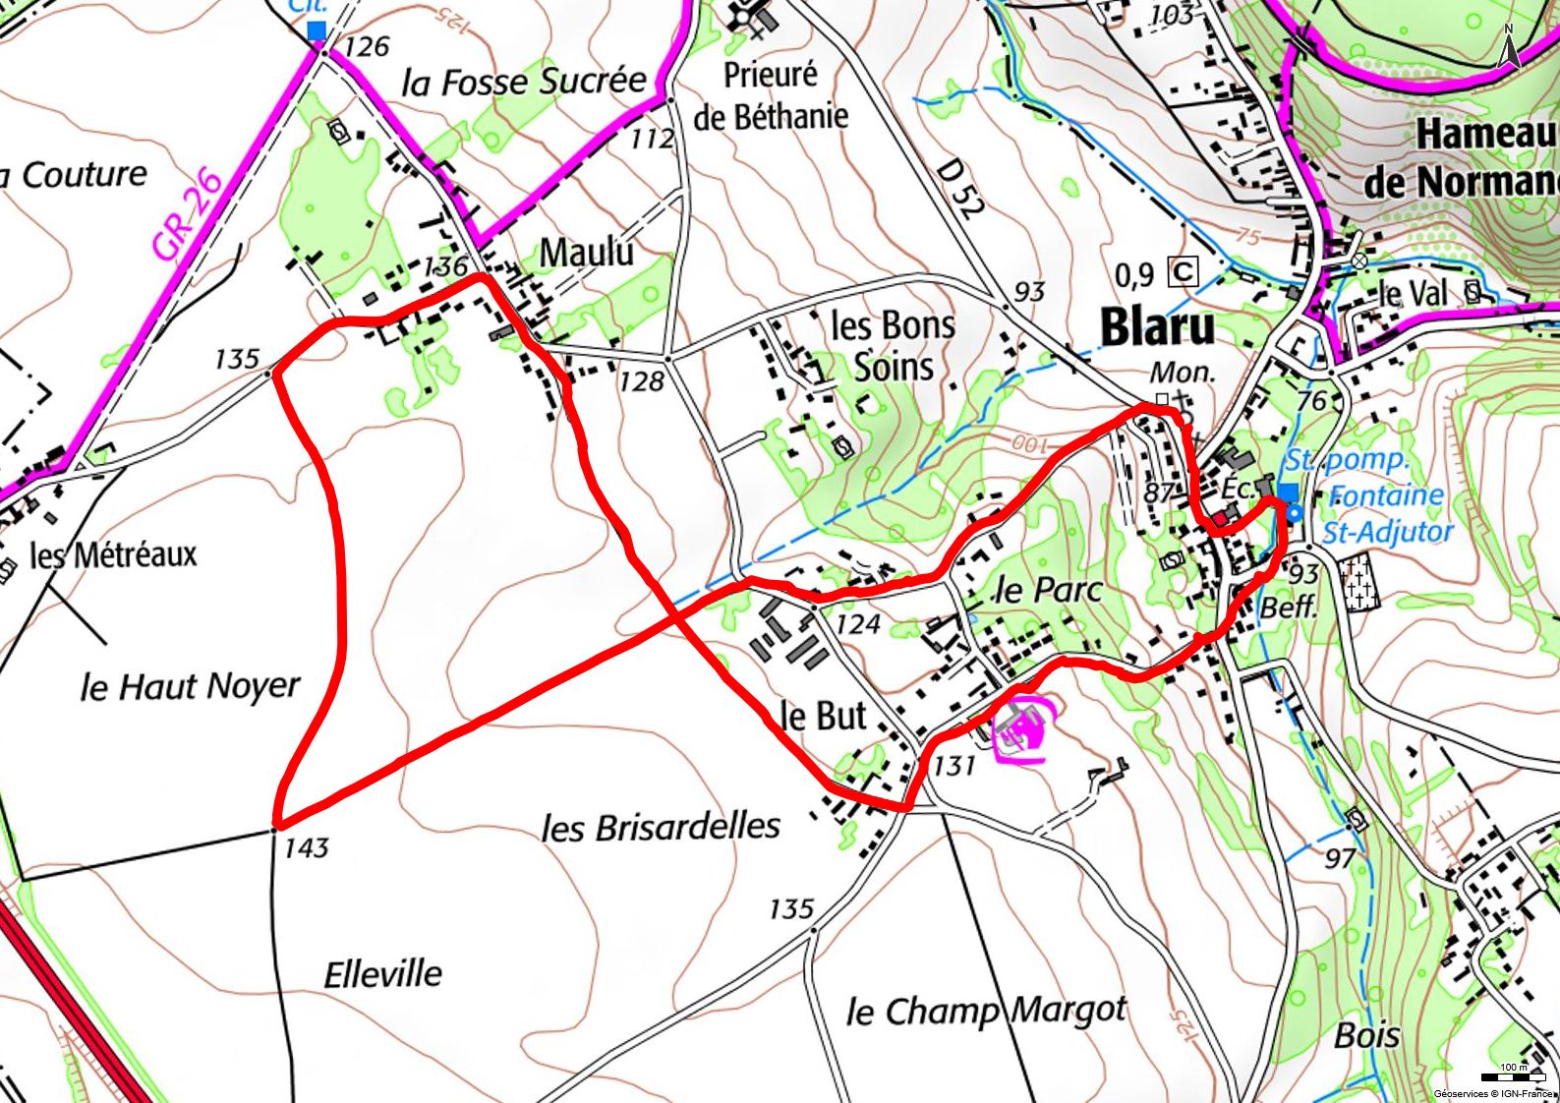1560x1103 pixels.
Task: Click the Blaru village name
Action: tap(1157, 327)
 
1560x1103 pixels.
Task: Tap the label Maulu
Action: tap(587, 253)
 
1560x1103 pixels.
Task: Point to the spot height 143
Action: tap(306, 847)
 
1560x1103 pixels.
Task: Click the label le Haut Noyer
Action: tap(190, 686)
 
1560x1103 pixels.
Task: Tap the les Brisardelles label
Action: tap(661, 828)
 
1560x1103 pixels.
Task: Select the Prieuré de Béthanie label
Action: tap(771, 95)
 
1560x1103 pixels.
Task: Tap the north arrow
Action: tap(1509, 46)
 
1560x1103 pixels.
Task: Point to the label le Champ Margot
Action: tap(986, 1010)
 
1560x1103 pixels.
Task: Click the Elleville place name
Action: tap(383, 974)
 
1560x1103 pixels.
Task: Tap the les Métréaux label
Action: tap(113, 555)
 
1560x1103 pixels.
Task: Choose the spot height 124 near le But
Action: tap(857, 624)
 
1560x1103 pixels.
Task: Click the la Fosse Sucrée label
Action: tap(524, 82)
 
